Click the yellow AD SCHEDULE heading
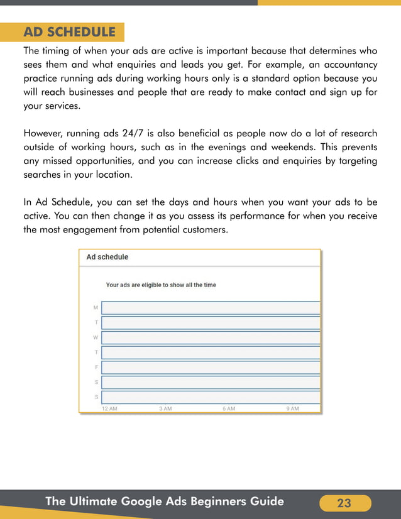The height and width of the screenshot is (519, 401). point(69,32)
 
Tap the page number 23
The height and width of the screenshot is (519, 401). point(344,503)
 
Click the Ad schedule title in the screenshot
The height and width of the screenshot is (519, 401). point(107,257)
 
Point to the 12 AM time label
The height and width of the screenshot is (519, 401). point(109,408)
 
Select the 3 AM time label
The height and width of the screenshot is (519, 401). point(165,408)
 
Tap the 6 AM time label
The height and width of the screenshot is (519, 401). point(229,408)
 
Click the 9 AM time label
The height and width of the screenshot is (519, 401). point(293,408)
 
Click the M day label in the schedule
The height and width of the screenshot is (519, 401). point(96,308)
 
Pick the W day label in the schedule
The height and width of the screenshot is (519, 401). point(96,337)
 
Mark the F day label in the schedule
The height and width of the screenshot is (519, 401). point(96,367)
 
